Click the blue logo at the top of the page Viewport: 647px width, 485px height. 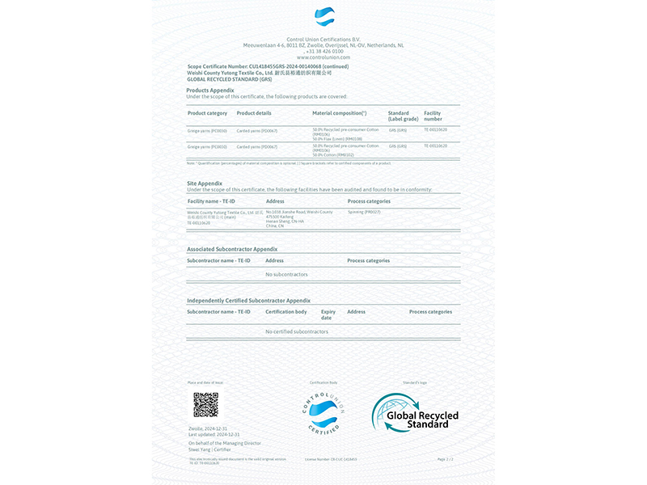coord(323,17)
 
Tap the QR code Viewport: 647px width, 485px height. coord(205,404)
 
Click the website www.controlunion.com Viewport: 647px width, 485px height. coord(323,57)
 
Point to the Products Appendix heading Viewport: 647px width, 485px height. coord(210,90)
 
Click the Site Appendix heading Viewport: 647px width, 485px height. coord(205,183)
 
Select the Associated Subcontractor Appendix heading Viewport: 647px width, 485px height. coord(232,249)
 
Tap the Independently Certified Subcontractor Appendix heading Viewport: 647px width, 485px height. coord(248,300)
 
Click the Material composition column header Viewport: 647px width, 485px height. coord(339,113)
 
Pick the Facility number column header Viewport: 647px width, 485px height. coord(433,116)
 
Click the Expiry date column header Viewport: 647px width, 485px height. coord(328,314)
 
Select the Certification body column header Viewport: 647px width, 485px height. coord(286,311)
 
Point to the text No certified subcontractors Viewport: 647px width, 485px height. coord(297,331)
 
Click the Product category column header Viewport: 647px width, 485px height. coord(207,113)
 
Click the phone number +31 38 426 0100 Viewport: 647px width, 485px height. coord(323,52)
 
